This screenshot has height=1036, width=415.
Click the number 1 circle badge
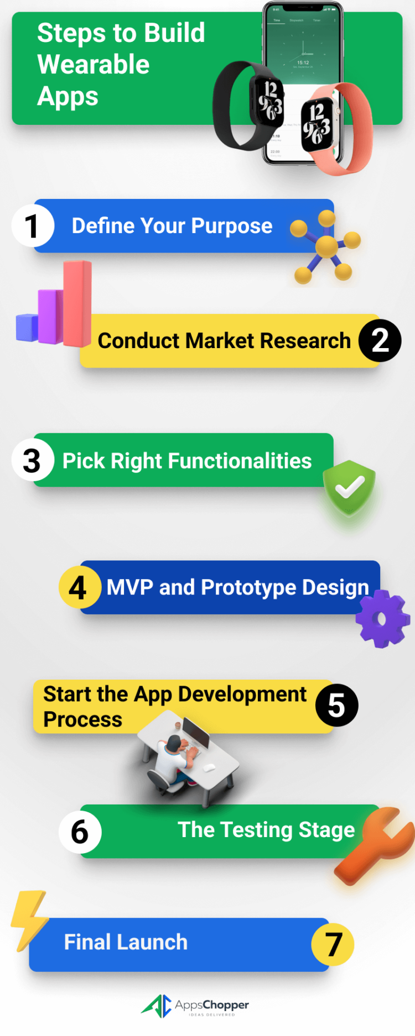coord(33,225)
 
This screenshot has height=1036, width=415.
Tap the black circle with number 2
coord(380,340)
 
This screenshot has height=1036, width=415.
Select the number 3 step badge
coord(33,460)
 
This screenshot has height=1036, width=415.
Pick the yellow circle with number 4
coord(79,587)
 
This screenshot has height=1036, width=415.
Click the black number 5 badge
coord(336,706)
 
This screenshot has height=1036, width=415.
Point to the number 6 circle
coord(80,832)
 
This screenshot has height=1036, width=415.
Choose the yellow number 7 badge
coord(333,944)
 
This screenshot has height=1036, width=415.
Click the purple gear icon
coord(382,619)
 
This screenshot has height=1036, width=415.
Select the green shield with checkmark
coord(349,487)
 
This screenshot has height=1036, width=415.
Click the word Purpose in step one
coord(232,226)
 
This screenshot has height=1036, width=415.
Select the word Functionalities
coord(240,461)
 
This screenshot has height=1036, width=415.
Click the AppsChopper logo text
coord(212,1005)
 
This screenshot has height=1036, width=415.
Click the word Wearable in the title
coord(94,65)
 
